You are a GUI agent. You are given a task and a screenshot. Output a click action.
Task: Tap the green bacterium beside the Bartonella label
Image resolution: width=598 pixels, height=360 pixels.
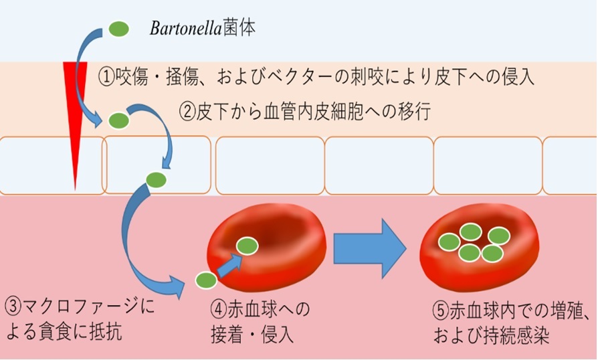coord(118,29)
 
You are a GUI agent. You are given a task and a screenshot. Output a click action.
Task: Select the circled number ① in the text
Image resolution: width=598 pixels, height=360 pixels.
coord(106,77)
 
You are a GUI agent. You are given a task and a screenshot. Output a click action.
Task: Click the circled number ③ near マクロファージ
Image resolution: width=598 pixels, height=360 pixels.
coord(13,306)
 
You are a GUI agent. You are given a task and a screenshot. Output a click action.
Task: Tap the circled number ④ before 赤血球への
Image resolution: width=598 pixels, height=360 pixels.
coord(219,309)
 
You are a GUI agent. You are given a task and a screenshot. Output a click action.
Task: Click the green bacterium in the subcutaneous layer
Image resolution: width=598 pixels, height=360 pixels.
coord(118,120)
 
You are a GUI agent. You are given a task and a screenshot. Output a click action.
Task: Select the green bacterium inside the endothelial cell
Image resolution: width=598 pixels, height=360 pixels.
coord(157,179)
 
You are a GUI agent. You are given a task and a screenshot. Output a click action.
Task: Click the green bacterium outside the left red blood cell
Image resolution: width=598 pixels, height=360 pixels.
coord(206,280)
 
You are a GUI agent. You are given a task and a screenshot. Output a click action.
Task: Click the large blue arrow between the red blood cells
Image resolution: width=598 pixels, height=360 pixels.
coord(369,248)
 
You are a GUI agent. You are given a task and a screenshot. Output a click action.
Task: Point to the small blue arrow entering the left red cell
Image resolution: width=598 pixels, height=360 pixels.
coord(229,265)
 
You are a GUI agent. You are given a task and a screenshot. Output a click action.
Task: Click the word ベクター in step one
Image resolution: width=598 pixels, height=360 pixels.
coord(293,77)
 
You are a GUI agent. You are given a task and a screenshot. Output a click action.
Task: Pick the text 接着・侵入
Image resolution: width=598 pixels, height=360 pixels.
coord(252,335)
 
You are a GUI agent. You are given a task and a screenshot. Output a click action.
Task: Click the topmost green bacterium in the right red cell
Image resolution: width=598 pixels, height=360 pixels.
coord(471,232)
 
